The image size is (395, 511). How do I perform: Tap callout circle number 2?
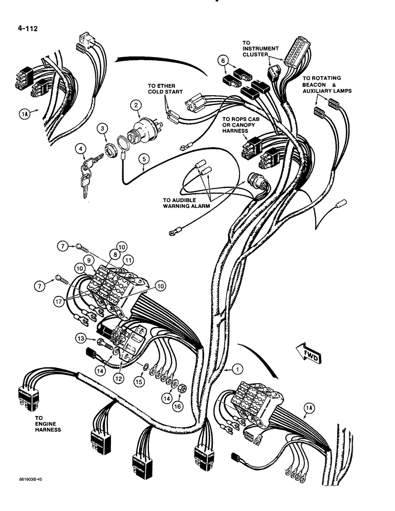pos(136,106)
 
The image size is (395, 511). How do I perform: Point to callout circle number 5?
pos(145,159)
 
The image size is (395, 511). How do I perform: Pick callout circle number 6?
pos(222,61)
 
